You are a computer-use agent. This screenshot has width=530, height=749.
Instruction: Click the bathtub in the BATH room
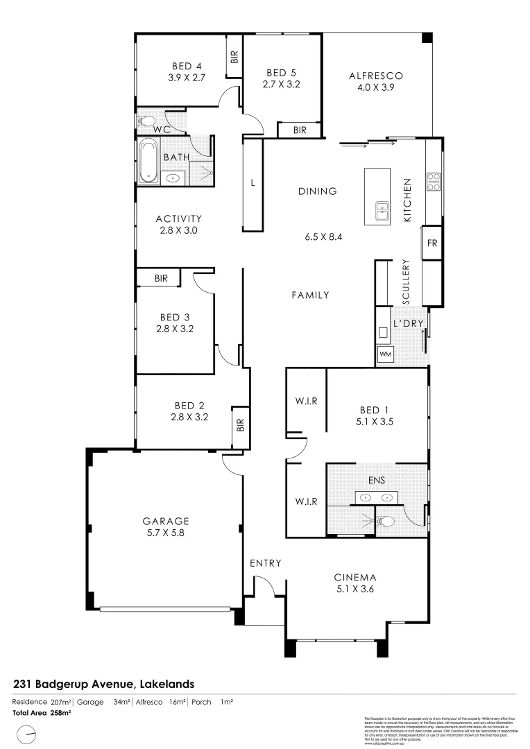point(148,162)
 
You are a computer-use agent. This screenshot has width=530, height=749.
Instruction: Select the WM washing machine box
point(386,355)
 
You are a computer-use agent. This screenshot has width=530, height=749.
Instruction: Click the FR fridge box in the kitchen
point(431,243)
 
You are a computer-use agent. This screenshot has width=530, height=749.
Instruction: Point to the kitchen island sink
point(382,210)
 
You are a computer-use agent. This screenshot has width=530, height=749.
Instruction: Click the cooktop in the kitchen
point(434,181)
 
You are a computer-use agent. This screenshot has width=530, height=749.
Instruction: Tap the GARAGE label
point(166,521)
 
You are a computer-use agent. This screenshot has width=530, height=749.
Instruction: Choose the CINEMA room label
point(354,577)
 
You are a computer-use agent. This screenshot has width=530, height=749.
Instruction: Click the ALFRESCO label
point(375,76)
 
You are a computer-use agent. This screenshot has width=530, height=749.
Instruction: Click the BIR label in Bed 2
point(240,424)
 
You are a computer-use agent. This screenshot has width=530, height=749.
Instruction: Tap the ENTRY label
point(265,563)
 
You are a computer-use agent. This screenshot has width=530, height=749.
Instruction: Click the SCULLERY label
point(407,282)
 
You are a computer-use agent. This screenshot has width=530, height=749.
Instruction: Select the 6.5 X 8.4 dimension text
point(324,236)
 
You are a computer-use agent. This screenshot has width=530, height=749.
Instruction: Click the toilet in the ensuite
point(387,522)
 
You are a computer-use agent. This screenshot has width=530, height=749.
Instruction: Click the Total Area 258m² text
point(42,712)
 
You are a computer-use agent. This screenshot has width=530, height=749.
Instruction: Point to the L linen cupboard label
point(253,184)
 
